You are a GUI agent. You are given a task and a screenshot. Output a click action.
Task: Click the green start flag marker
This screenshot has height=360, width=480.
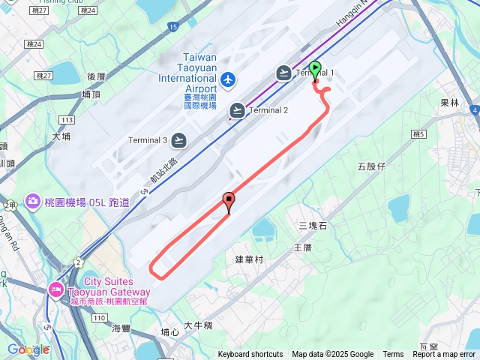click(x=315, y=70)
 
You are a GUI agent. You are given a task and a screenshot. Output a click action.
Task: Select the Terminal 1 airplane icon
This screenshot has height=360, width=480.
click(x=283, y=73)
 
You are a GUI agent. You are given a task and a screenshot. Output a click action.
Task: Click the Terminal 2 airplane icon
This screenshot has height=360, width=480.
click(x=237, y=110)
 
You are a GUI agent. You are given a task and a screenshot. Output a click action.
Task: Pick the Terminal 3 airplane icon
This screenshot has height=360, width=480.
click(x=178, y=140)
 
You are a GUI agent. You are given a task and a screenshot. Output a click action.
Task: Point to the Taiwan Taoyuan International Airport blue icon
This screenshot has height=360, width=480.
click(x=228, y=79)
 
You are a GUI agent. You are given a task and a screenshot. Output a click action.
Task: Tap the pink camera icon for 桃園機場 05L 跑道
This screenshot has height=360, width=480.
click(x=33, y=201)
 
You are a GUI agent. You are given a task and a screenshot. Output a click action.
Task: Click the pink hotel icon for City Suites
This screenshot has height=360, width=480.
click(x=56, y=289)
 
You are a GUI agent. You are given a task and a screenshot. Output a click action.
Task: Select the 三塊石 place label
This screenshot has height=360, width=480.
click(x=313, y=225)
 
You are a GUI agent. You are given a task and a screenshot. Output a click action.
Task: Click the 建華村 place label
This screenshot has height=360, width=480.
click(x=250, y=259)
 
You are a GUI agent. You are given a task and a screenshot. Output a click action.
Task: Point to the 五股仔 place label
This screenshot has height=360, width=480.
click(x=371, y=166)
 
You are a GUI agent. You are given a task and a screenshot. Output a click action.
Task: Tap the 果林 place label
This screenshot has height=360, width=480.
click(x=449, y=103)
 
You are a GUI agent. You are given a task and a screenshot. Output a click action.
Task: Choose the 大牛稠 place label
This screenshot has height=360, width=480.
click(x=198, y=325)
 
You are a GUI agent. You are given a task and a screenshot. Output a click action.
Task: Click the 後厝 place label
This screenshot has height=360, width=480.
click(x=97, y=76)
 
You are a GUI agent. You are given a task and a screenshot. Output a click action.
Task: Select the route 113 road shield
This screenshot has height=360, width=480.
click(x=67, y=120)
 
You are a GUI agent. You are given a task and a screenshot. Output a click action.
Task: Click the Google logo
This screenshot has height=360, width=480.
click(x=25, y=349)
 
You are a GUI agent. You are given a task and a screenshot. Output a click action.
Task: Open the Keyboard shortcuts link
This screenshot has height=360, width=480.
click(x=250, y=355)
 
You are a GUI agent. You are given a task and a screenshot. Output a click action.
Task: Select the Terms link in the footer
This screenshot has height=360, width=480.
click(x=393, y=355)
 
